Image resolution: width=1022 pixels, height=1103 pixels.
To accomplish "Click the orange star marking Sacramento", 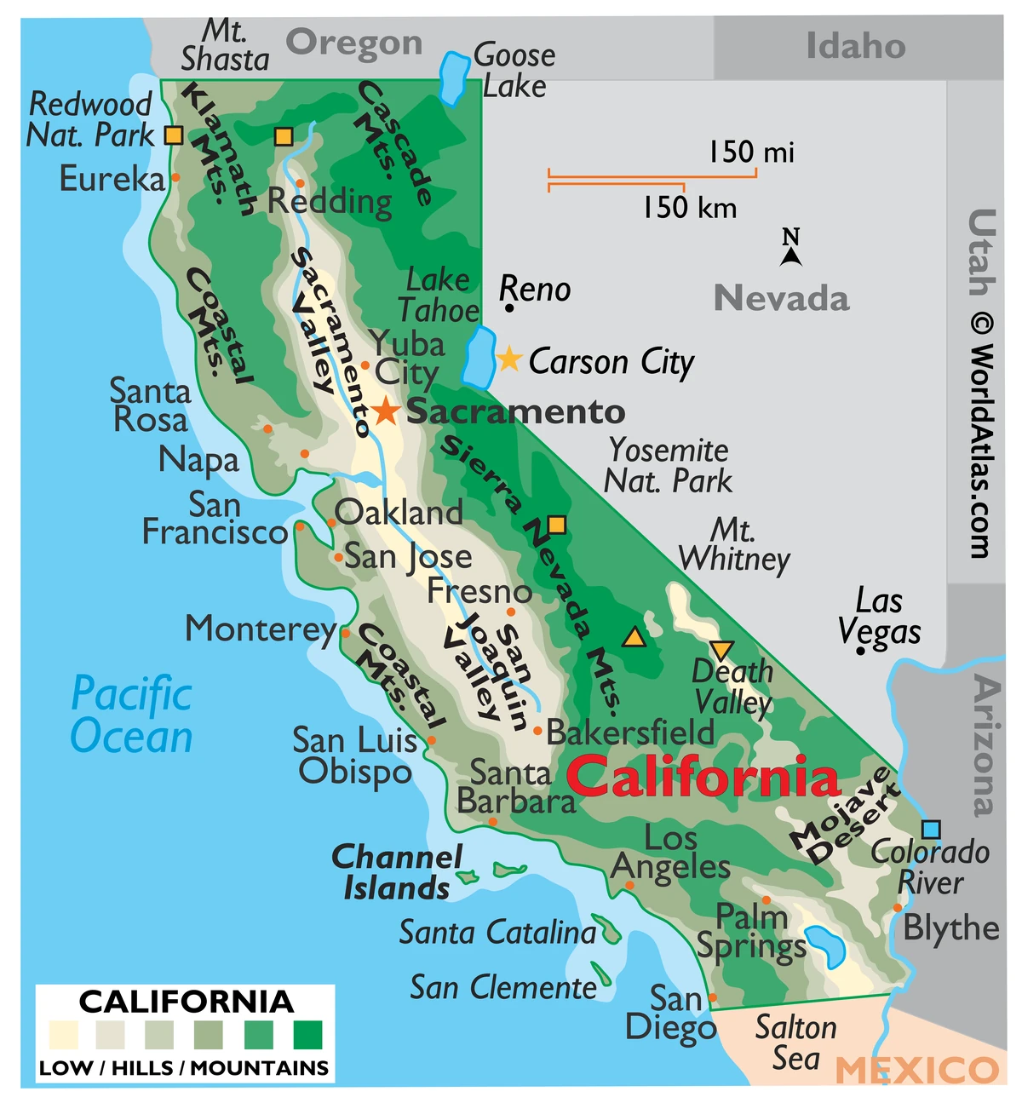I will pyautogui.click(x=386, y=411).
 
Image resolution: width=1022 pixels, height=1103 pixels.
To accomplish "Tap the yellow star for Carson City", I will pyautogui.click(x=508, y=359).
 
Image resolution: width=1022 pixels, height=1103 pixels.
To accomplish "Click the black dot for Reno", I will pyautogui.click(x=508, y=307).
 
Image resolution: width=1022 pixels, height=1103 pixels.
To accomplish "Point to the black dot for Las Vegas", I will pyautogui.click(x=861, y=651).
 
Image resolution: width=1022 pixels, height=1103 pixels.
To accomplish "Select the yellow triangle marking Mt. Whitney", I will pyautogui.click(x=633, y=637).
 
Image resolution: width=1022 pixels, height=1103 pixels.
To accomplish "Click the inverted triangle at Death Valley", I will pyautogui.click(x=721, y=651).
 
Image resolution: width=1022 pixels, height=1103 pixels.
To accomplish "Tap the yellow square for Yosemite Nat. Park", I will pyautogui.click(x=556, y=525).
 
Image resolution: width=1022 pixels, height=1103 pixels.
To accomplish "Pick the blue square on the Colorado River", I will pyautogui.click(x=931, y=830).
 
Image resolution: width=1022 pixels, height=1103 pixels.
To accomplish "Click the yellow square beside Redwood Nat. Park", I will pyautogui.click(x=174, y=135).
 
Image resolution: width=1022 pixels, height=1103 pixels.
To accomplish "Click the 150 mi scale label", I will pyautogui.click(x=751, y=152).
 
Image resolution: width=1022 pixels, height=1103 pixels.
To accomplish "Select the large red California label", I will pyautogui.click(x=703, y=778).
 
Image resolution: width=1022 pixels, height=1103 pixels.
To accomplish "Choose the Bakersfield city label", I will pyautogui.click(x=630, y=732).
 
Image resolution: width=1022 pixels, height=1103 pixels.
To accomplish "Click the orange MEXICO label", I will pyautogui.click(x=917, y=1070).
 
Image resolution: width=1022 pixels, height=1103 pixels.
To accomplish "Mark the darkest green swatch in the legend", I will pyautogui.click(x=307, y=1035).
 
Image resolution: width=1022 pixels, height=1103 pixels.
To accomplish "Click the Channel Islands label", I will pyautogui.click(x=397, y=872).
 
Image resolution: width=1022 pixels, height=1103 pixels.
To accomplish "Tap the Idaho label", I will pyautogui.click(x=855, y=46).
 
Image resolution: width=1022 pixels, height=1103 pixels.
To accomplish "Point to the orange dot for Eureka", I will pyautogui.click(x=175, y=177).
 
